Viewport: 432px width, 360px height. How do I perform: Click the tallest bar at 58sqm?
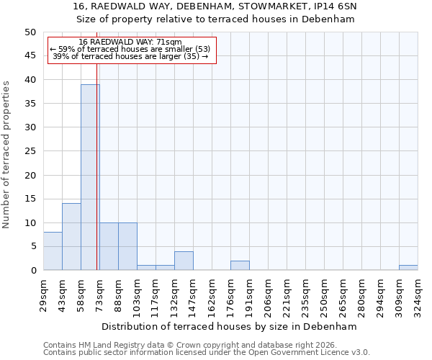point(90,177)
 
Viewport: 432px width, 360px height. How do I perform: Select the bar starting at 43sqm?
point(71,237)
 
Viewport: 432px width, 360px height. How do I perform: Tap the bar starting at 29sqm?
point(53,251)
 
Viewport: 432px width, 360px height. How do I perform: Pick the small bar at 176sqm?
point(240,266)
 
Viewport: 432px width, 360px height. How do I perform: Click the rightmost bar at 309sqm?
point(408,268)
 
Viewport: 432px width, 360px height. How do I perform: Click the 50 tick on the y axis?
point(30,32)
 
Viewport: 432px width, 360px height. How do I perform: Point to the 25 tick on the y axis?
point(30,151)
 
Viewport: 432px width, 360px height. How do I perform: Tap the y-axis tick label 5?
point(33,246)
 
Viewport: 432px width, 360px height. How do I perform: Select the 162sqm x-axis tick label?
point(212,294)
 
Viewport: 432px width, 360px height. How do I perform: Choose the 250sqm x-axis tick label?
point(324,294)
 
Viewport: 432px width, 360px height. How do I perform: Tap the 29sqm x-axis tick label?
point(43,294)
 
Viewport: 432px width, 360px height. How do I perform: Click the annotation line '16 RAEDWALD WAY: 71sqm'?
point(130,42)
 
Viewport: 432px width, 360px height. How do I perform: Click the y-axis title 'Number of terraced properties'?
point(6,154)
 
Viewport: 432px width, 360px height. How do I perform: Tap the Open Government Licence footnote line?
point(206,352)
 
